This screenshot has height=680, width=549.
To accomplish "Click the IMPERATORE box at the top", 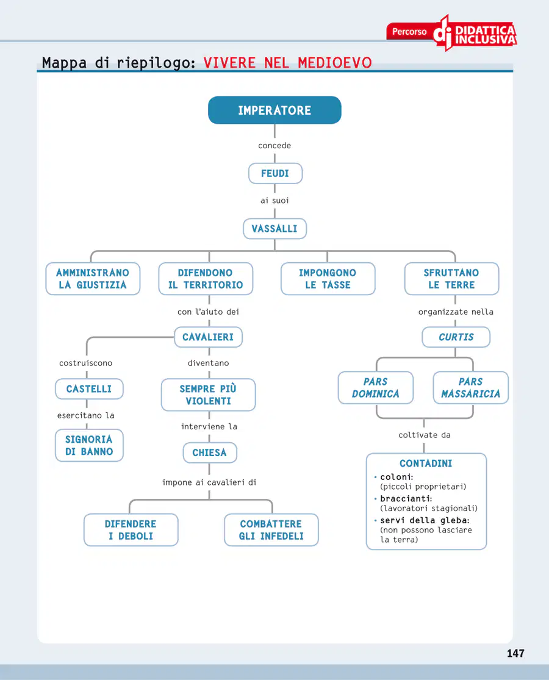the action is tap(274, 110).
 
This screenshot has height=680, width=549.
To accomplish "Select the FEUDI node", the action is tap(275, 173).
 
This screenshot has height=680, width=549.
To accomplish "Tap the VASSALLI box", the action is tap(274, 229).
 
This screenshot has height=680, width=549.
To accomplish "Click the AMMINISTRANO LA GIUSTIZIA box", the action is tap(93, 279).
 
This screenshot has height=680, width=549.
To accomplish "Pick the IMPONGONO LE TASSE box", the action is tap(328, 279).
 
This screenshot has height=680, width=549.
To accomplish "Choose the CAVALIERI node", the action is tap(208, 337).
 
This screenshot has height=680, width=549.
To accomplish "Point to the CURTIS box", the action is tap(456, 337).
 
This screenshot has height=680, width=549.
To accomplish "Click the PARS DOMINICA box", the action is tap(376, 388).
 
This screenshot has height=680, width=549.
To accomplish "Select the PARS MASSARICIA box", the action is tap(470, 388).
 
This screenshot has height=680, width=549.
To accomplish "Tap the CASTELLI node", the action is tap(89, 389).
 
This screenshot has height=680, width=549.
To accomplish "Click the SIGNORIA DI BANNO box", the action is tap(89, 445).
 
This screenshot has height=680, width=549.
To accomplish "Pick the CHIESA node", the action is tap(209, 453).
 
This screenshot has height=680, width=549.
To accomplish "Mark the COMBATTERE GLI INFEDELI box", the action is tap(271, 530).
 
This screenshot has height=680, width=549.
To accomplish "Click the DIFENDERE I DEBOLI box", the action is tap(131, 530).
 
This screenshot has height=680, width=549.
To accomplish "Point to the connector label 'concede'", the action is tap(274, 145).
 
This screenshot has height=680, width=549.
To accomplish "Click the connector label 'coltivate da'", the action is tap(425, 435).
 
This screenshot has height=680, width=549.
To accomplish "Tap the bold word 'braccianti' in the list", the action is tap(405, 499).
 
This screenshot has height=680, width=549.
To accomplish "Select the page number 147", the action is tap(515, 653).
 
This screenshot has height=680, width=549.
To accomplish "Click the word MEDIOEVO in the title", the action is tap(335, 63).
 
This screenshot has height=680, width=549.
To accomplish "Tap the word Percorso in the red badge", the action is tap(409, 32).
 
